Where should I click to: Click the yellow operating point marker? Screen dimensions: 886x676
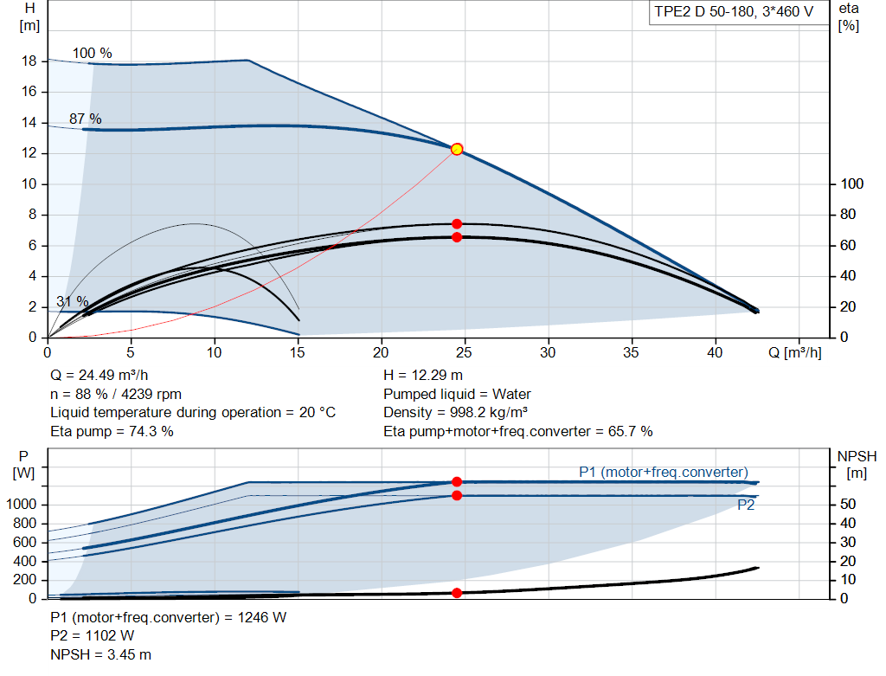[x=457, y=149]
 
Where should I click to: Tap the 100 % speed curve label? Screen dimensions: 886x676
[x=92, y=53]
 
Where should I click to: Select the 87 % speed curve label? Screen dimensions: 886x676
[x=86, y=119]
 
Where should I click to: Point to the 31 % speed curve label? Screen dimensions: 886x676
[x=73, y=302]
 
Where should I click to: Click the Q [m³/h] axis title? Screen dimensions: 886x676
[x=794, y=352]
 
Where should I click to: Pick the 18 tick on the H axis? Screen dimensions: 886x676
[x=29, y=61]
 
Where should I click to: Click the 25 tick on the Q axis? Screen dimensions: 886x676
[x=464, y=352]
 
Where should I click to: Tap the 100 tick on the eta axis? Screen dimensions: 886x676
[x=852, y=183]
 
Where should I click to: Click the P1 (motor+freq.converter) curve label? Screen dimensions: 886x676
[x=664, y=472]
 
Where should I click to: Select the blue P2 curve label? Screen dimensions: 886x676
[x=746, y=505]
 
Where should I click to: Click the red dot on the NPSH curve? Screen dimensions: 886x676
[x=457, y=593]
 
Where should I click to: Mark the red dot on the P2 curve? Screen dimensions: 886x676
[x=457, y=496]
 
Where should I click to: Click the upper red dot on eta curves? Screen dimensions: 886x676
[x=457, y=224]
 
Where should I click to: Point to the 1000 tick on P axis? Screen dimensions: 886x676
[x=21, y=504]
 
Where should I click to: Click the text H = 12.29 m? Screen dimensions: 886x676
[x=422, y=376]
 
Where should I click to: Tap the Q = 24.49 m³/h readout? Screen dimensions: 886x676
[x=100, y=376]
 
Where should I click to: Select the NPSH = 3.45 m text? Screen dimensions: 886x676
[x=100, y=654]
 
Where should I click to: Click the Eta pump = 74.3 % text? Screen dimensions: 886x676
[x=112, y=432]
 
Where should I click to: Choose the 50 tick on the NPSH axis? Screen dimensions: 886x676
[x=848, y=504]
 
